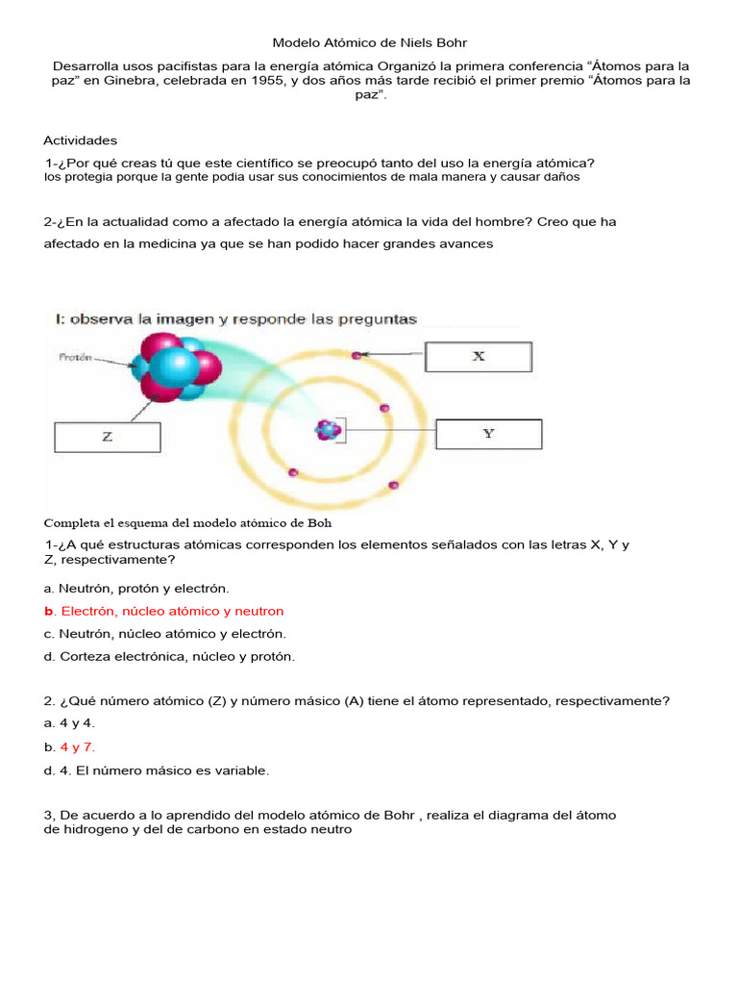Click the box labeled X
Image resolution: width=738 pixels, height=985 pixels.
click(x=479, y=356)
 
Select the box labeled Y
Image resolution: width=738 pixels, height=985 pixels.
click(x=488, y=434)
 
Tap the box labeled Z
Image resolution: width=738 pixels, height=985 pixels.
click(x=107, y=437)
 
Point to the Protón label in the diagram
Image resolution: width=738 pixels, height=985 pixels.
click(x=76, y=357)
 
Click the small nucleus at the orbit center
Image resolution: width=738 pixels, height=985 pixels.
click(x=329, y=430)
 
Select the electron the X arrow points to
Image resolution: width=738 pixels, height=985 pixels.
click(x=357, y=356)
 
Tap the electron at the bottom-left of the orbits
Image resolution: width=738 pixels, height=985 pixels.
click(x=293, y=472)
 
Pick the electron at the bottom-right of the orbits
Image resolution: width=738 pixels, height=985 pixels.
click(x=393, y=487)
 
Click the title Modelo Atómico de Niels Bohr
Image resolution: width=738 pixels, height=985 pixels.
click(x=369, y=43)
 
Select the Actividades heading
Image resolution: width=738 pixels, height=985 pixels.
click(x=81, y=140)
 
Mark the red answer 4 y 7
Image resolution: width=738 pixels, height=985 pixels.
click(x=77, y=746)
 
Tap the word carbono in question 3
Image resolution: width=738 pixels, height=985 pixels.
click(x=213, y=829)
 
